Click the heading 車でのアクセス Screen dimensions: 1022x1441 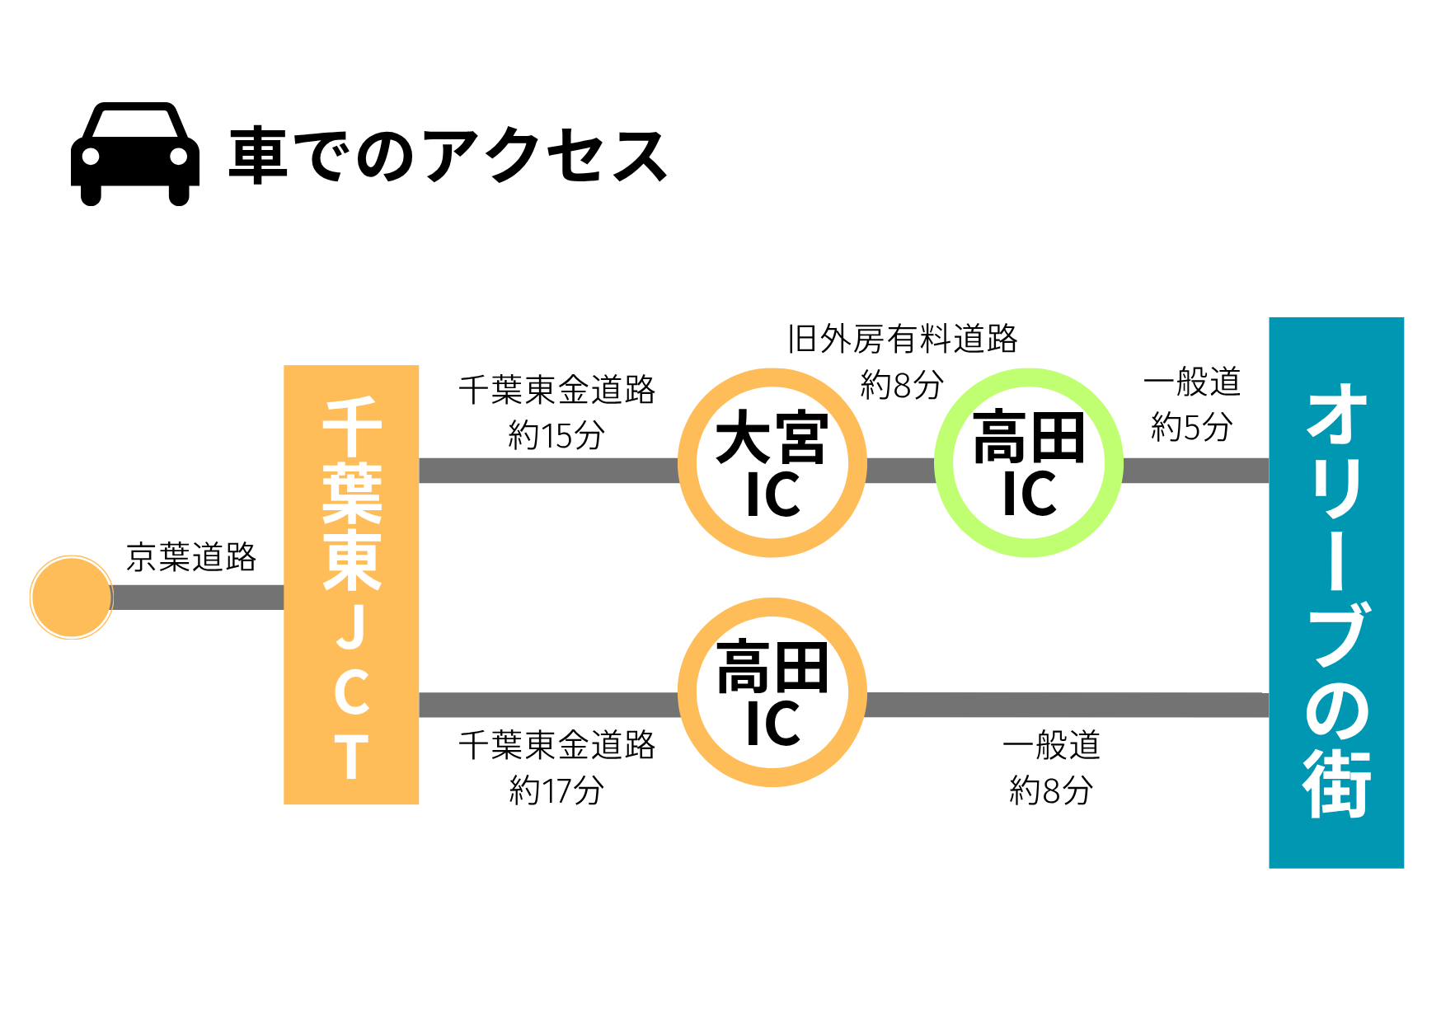pyautogui.click(x=448, y=156)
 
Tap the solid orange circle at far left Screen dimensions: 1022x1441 pyautogui.click(x=72, y=598)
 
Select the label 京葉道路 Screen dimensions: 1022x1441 pyautogui.click(x=191, y=558)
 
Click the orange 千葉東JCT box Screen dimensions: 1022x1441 pyautogui.click(x=351, y=584)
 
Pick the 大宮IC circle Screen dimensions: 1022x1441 pyautogui.click(x=772, y=463)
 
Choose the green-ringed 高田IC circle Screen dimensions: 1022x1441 pyautogui.click(x=1028, y=463)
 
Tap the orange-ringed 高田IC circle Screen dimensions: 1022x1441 pyautogui.click(x=772, y=693)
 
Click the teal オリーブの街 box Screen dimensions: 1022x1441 pyautogui.click(x=1335, y=593)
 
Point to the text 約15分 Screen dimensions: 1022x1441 pyautogui.click(x=556, y=435)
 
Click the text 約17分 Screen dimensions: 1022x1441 pyautogui.click(x=556, y=790)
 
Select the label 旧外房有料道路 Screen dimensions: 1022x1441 pyautogui.click(x=903, y=339)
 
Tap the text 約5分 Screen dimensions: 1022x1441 pyautogui.click(x=1191, y=427)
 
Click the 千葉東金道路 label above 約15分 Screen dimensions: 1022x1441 pyautogui.click(x=556, y=390)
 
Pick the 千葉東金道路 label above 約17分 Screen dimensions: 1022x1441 pyautogui.click(x=556, y=745)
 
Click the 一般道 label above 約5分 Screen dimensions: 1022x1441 pyautogui.click(x=1191, y=382)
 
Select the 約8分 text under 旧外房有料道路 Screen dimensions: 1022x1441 pyautogui.click(x=902, y=385)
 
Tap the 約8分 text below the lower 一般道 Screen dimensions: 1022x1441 pyautogui.click(x=1051, y=790)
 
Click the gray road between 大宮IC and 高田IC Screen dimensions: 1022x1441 pyautogui.click(x=900, y=471)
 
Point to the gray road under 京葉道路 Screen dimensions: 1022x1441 pyautogui.click(x=198, y=598)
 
